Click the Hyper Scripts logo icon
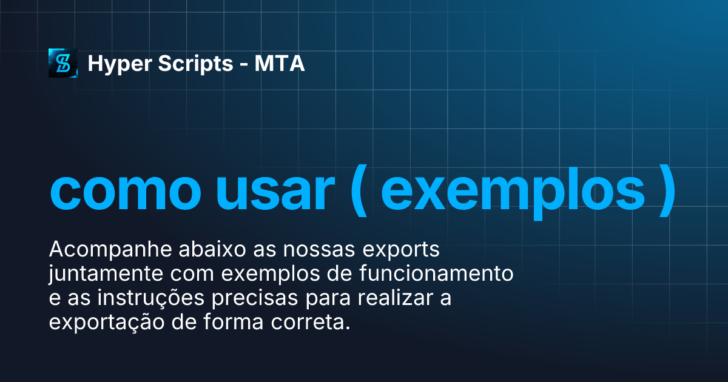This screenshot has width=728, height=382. pos(63,63)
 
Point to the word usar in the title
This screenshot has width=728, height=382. pos(274,191)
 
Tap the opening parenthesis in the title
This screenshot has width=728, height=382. pos(359,192)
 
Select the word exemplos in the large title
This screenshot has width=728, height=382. pos(513,192)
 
